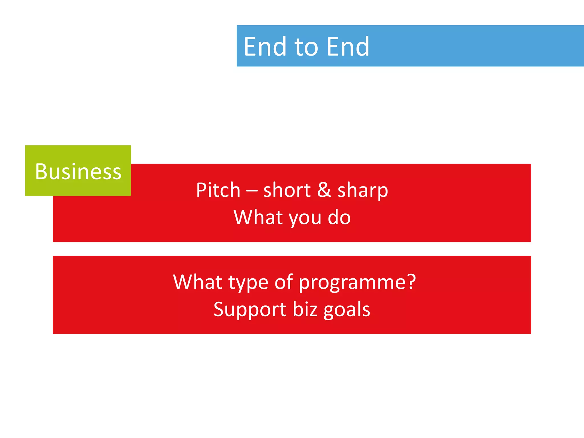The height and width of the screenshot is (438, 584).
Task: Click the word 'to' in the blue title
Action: click(306, 47)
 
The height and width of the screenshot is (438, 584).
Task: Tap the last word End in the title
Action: click(348, 47)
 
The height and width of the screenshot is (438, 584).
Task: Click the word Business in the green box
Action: click(78, 172)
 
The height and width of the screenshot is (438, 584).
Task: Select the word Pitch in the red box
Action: click(218, 190)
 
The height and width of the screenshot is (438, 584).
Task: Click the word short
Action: click(287, 190)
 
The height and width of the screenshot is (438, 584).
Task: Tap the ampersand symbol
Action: click(324, 190)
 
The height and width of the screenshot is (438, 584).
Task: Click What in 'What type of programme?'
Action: click(198, 282)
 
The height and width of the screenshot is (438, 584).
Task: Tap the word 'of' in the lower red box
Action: click(283, 282)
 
